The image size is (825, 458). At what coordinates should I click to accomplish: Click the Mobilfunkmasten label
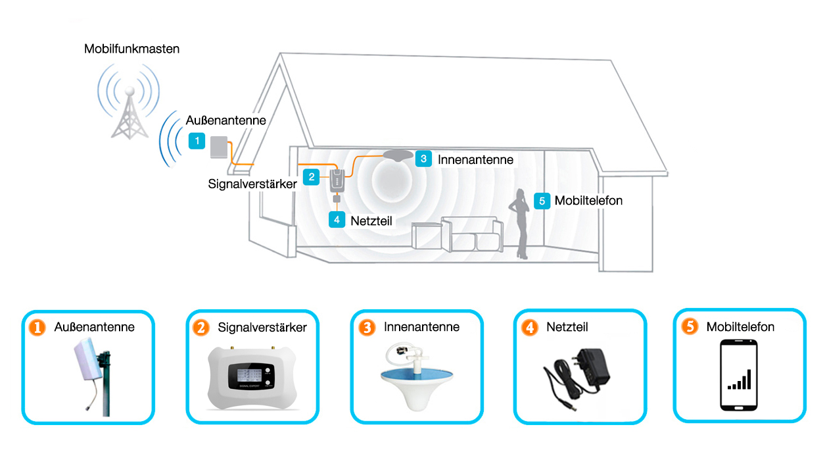(x=131, y=49)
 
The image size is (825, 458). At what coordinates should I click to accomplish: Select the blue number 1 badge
(x=197, y=141)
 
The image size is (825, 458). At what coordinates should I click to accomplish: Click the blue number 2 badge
(x=311, y=177)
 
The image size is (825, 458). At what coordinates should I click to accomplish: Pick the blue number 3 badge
(x=423, y=159)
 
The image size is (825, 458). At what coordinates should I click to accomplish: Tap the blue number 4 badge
(x=337, y=220)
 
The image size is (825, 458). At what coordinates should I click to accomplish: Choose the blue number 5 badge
(x=542, y=201)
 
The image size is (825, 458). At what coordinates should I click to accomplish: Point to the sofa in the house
(x=472, y=234)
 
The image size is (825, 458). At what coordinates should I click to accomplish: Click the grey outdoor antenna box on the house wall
(x=219, y=147)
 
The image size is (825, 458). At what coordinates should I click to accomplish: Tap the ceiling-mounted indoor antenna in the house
(x=398, y=155)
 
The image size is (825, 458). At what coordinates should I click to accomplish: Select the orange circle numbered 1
(x=37, y=328)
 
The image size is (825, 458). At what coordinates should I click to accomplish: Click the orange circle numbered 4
(x=530, y=328)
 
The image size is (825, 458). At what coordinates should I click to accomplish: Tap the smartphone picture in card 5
(x=739, y=375)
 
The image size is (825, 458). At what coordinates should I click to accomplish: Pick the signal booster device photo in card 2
(x=252, y=377)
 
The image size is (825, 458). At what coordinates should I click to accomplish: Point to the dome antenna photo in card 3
(x=417, y=377)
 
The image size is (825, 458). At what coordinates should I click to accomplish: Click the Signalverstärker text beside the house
(x=252, y=184)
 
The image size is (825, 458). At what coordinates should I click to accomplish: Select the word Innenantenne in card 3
(x=422, y=327)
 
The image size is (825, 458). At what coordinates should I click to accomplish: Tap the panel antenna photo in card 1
(x=93, y=377)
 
